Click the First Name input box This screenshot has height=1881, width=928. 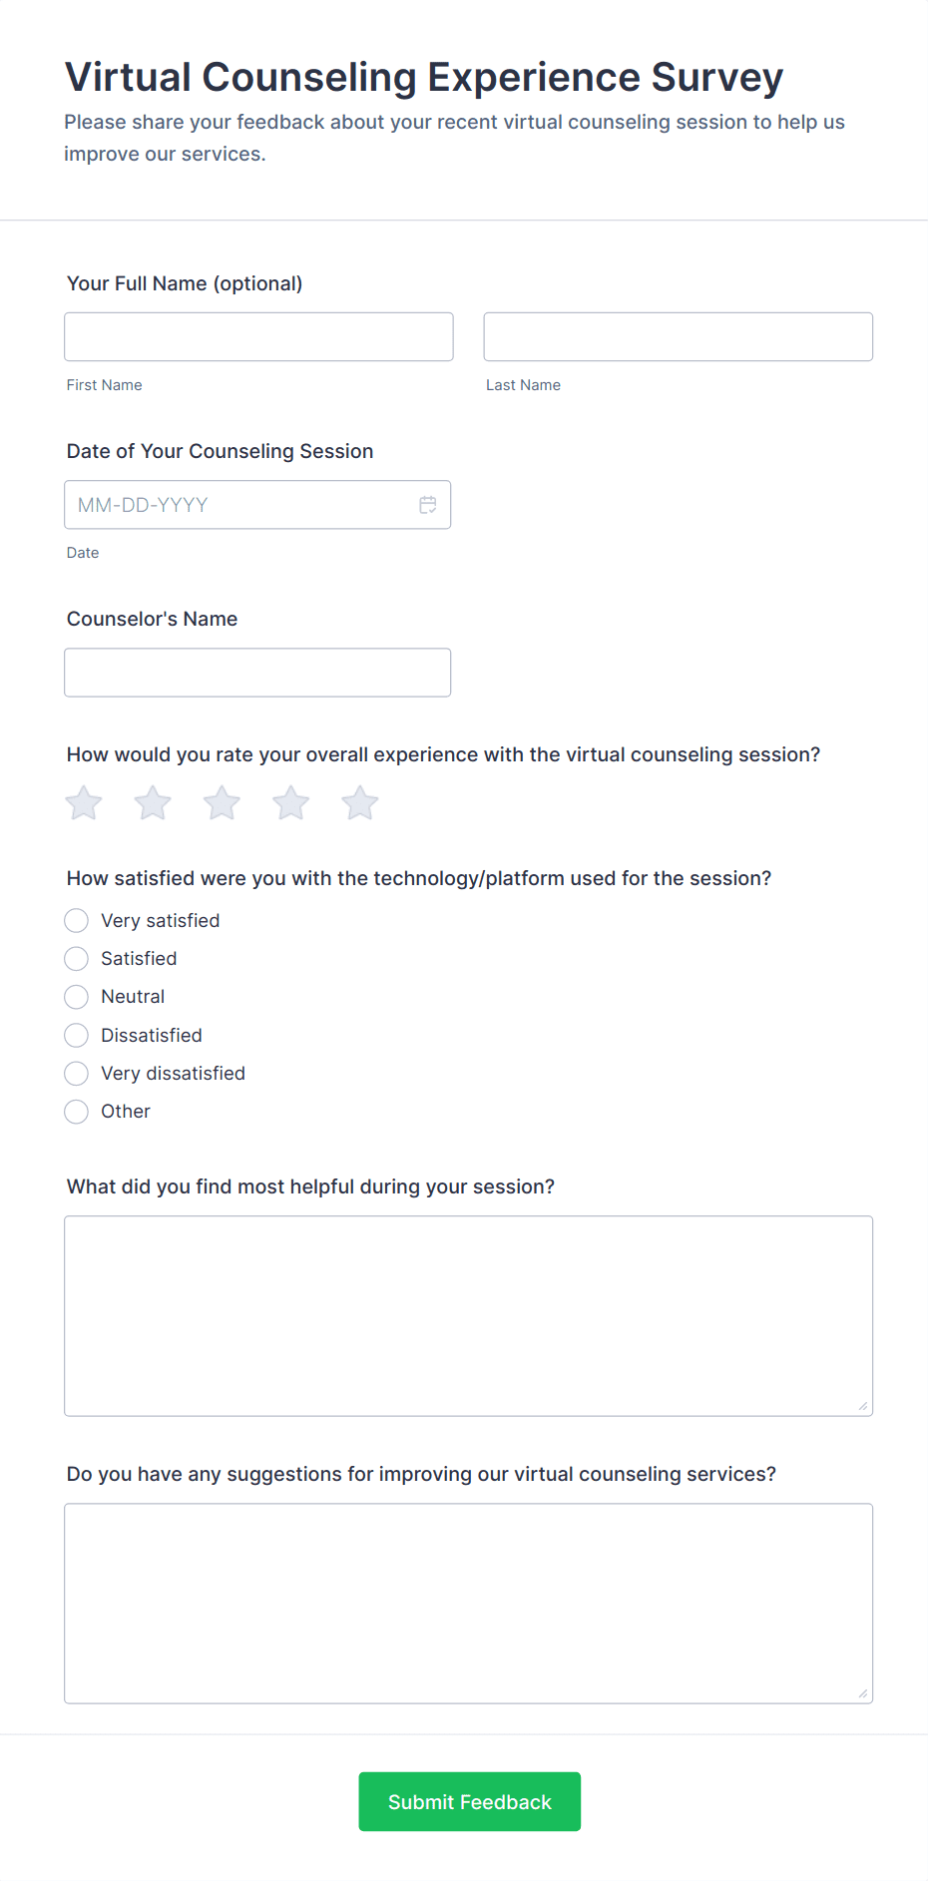(x=258, y=336)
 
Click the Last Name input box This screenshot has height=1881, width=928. (x=678, y=336)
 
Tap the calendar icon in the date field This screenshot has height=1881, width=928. (x=428, y=505)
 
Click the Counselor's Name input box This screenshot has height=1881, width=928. (x=257, y=673)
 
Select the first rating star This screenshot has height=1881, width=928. (x=84, y=802)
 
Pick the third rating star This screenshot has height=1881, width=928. (x=222, y=802)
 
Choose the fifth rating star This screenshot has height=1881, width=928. (x=360, y=802)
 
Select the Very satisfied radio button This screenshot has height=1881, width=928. (x=77, y=920)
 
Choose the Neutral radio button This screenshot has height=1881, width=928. (x=77, y=997)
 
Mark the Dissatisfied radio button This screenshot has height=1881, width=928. (x=77, y=1035)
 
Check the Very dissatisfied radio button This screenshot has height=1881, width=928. (x=77, y=1074)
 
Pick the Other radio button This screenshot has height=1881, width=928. (x=77, y=1112)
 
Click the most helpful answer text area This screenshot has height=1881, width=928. (x=468, y=1315)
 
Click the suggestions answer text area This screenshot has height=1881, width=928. (x=468, y=1603)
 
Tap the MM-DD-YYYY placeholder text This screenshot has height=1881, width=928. (x=143, y=505)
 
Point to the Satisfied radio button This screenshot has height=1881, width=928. (x=77, y=959)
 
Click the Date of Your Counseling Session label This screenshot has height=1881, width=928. (x=220, y=451)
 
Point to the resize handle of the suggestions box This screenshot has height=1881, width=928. (x=863, y=1693)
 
